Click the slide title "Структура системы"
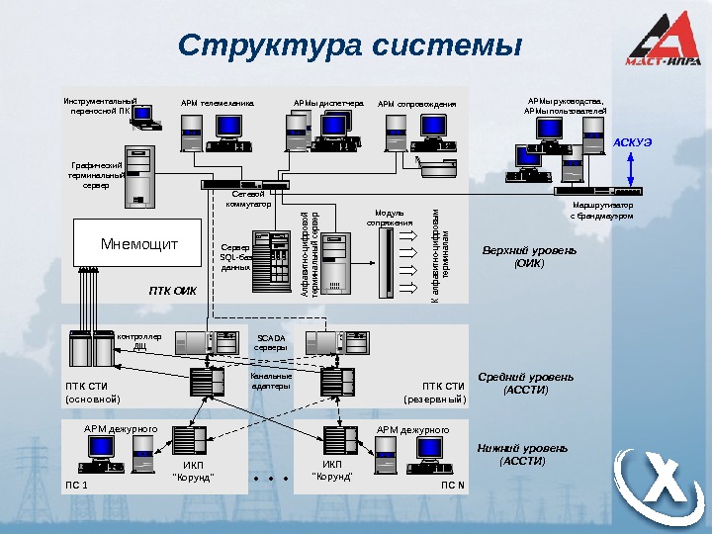coord(349,46)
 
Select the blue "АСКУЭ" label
coord(633,142)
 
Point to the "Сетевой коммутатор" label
coord(248,200)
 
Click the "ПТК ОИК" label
coord(173,291)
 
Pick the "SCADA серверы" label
coord(270,342)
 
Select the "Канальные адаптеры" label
coord(271,382)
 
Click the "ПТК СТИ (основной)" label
coord(92,393)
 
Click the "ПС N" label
coord(453,486)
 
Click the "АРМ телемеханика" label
coord(217,102)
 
